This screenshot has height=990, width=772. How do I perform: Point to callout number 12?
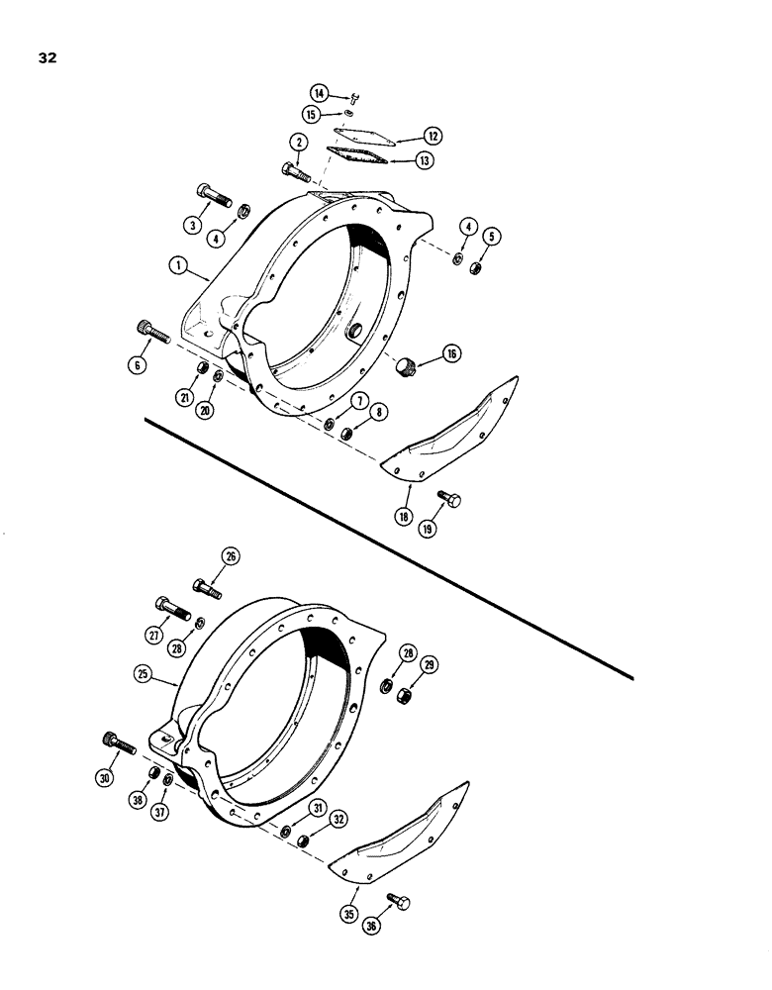coord(434,135)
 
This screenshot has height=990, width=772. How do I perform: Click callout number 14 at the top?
coord(319,92)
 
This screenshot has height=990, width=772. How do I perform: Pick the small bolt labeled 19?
coord(449,501)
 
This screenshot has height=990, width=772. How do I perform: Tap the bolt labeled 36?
coord(401,901)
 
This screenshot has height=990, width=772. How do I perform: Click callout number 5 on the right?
coord(492,236)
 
